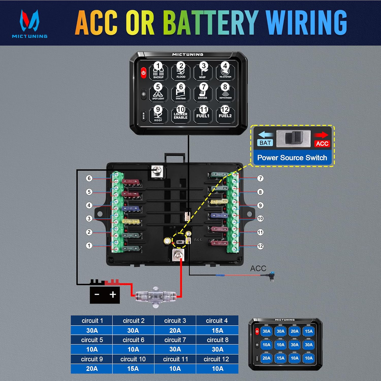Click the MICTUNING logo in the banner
[29, 24]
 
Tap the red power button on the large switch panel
[144, 73]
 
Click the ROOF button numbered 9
[158, 114]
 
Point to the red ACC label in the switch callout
[322, 144]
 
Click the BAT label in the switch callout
[265, 143]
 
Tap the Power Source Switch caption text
[292, 158]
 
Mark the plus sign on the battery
[113, 295]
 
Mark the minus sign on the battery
[97, 295]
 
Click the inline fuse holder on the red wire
[155, 296]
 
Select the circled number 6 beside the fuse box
[89, 178]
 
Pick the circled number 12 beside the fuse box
[260, 246]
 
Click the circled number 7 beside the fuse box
[260, 178]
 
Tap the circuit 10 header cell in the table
[133, 359]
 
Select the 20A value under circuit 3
[175, 330]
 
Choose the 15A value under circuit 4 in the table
[217, 330]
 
